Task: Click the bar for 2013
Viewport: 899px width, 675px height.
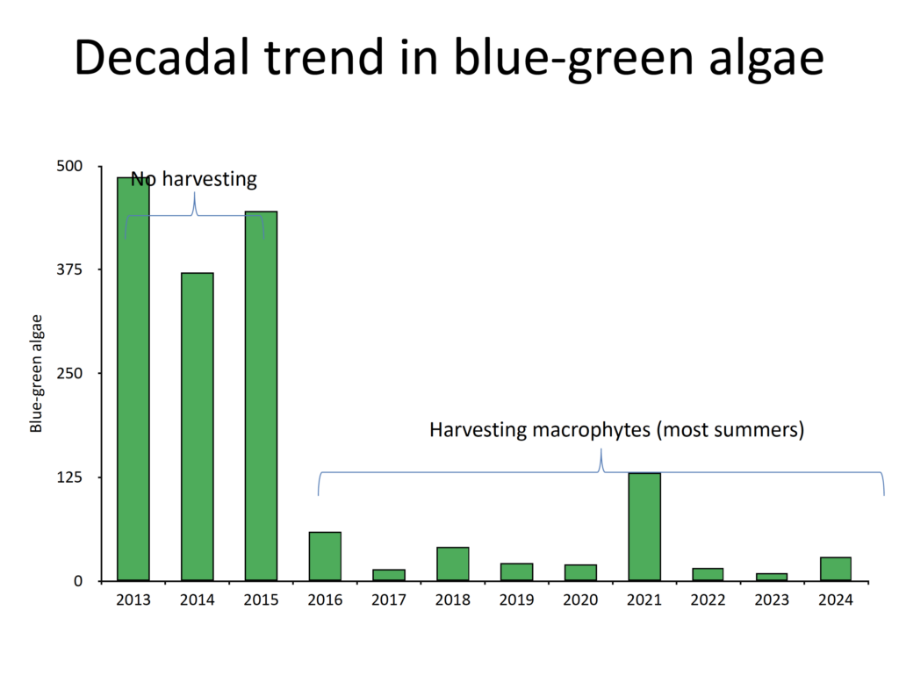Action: click(133, 379)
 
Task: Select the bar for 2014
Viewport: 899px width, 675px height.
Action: click(198, 427)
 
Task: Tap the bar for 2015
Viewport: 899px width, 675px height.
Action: click(261, 396)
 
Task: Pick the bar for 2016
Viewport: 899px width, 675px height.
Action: click(325, 557)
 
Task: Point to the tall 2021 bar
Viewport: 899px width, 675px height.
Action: click(644, 527)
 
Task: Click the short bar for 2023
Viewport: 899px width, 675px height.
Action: click(772, 577)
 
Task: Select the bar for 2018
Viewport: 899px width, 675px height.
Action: click(453, 564)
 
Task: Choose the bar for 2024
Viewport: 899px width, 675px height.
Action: click(836, 569)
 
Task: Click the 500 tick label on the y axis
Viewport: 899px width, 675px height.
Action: click(69, 166)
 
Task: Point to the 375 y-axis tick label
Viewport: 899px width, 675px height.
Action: click(69, 269)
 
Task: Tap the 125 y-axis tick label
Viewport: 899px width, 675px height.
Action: click(69, 477)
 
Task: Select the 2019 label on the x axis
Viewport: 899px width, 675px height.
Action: click(516, 600)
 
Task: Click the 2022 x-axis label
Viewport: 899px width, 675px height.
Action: click(708, 600)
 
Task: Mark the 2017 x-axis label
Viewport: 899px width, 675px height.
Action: click(389, 600)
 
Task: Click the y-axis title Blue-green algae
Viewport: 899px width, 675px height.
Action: click(36, 374)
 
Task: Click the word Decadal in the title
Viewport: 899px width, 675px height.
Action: click(164, 57)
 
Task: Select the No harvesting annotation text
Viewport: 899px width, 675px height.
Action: click(194, 179)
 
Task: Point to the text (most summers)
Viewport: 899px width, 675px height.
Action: click(730, 430)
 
